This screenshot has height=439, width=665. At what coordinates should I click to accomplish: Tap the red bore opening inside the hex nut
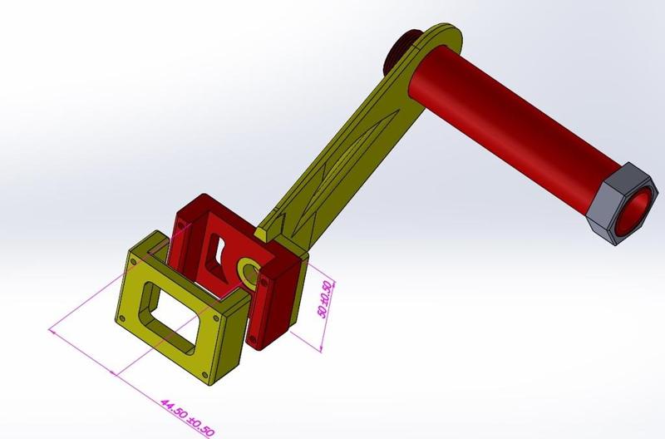point(635,208)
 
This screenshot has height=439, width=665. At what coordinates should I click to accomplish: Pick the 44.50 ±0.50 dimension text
point(187,413)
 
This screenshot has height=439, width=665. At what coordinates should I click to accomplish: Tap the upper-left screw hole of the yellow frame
point(133,261)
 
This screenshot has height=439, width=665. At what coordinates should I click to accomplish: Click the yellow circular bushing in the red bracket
point(249,269)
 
